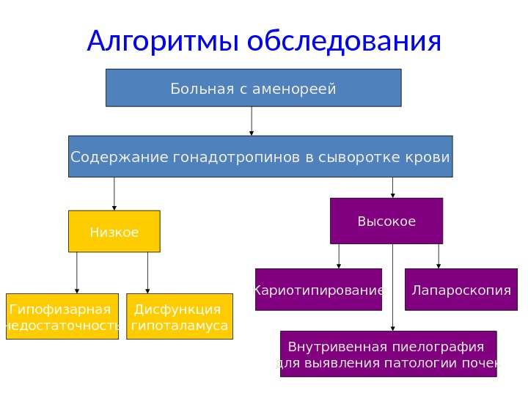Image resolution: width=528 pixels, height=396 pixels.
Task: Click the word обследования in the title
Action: tap(345, 42)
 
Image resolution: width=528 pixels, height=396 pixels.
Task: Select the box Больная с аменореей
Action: tap(253, 89)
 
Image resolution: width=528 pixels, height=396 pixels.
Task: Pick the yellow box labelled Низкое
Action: tap(114, 232)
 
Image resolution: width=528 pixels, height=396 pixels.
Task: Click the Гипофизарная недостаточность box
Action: tap(63, 317)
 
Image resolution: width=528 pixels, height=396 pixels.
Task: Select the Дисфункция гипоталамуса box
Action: tap(180, 317)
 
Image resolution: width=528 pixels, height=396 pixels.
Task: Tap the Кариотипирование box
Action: tap(319, 290)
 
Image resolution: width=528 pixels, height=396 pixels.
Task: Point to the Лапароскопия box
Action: tap(461, 290)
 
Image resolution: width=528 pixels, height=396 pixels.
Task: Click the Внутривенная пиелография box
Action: tap(389, 354)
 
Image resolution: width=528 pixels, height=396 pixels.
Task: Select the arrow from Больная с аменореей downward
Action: tap(252, 121)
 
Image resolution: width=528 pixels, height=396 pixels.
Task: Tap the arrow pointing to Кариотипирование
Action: tap(339, 256)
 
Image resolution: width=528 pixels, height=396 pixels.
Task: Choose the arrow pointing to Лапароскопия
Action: tap(439, 256)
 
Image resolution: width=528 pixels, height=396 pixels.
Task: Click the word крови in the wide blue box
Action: tap(430, 157)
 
